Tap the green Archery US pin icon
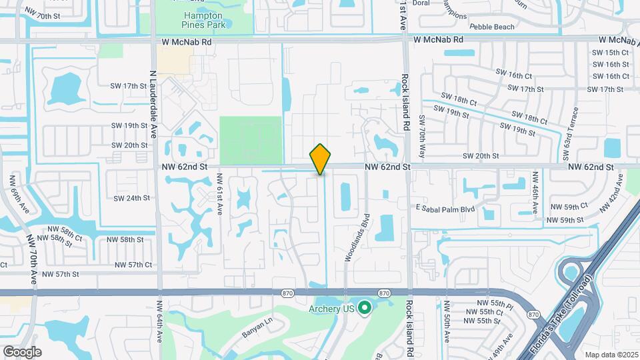[365, 308]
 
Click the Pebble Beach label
[492, 27]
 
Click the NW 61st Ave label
[218, 194]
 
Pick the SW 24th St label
[131, 198]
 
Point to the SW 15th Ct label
[609, 52]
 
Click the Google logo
[22, 351]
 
